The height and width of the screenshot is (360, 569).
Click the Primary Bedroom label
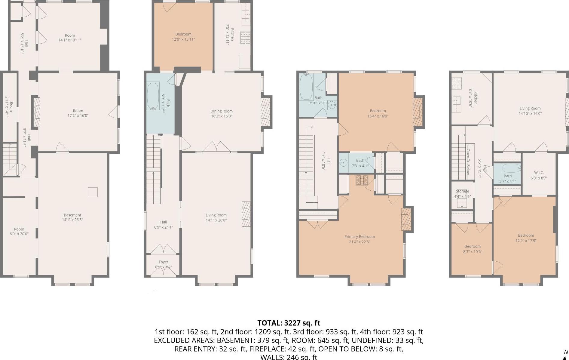coord(359,236)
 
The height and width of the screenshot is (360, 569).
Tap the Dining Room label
coord(222,111)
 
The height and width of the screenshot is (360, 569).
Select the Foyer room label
coord(164,262)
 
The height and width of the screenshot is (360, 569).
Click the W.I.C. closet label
coord(539,173)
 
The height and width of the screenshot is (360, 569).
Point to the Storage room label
coord(462,191)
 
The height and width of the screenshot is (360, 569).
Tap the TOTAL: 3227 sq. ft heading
coord(289,323)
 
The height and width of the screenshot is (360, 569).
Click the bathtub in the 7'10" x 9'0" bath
coord(306,87)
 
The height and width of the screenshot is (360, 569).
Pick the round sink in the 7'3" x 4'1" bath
coord(343,163)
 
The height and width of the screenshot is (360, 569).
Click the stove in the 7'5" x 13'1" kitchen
coord(245,38)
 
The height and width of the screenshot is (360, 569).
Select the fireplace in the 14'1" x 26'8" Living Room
coord(246,214)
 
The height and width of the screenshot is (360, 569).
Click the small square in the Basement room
coord(93,192)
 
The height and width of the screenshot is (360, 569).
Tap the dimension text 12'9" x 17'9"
coord(526,241)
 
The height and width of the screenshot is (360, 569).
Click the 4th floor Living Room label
coord(530,108)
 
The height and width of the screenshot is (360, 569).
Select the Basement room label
coord(72,215)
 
